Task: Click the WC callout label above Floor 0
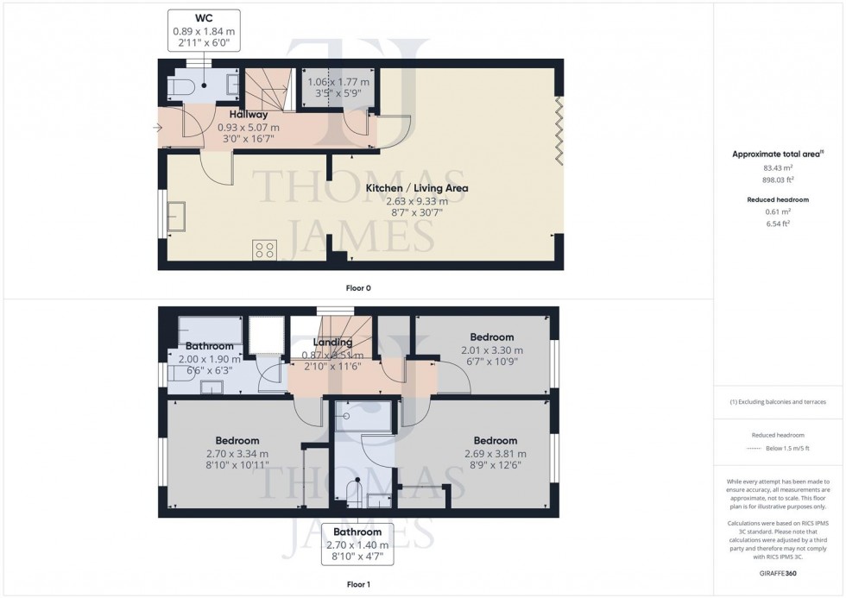click(x=204, y=32)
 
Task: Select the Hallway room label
click(x=248, y=114)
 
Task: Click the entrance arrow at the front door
click(x=156, y=129)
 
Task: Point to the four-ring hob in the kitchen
click(x=264, y=250)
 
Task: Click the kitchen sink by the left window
click(x=177, y=217)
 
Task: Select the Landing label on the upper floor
click(x=332, y=343)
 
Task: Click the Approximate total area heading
click(x=776, y=154)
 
